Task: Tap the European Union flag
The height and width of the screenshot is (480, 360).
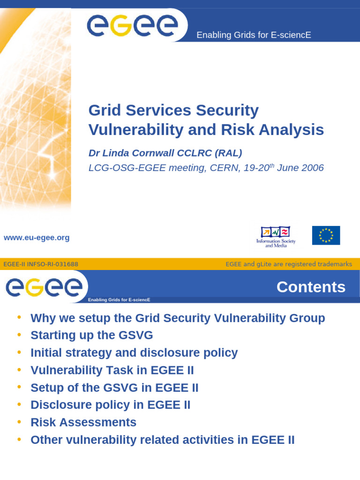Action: pos(326,235)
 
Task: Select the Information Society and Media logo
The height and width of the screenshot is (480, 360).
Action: pos(276,237)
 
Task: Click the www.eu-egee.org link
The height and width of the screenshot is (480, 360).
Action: pos(37,238)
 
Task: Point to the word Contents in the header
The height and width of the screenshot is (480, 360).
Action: pos(311,287)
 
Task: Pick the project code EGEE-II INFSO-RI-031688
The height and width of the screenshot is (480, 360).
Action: pos(41,264)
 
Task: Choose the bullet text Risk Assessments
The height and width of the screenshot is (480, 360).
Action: pos(83,422)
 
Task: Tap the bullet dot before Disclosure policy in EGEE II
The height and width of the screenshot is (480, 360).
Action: pos(19,404)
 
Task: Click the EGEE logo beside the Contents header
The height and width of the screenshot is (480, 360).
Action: pos(44,287)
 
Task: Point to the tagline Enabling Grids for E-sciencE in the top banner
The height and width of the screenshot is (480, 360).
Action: pos(254,35)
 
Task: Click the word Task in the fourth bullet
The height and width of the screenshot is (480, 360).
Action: pos(135,370)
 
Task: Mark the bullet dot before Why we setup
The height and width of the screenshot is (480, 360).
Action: pos(19,317)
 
